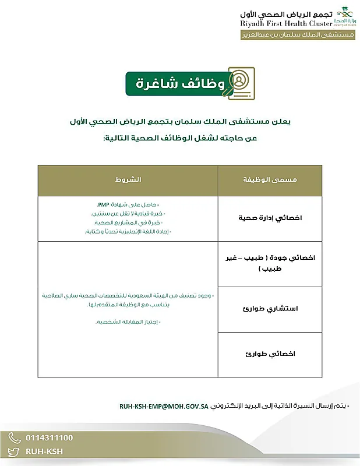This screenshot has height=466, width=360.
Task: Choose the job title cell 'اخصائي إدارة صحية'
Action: click(269, 218)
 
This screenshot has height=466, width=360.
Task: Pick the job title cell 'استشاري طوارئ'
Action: click(269, 309)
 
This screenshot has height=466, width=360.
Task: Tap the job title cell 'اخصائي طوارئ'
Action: click(269, 354)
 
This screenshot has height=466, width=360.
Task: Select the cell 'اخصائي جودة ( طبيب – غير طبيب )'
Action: click(269, 263)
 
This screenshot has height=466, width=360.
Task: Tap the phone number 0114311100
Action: click(50, 437)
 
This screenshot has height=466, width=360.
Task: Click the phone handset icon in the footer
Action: click(15, 437)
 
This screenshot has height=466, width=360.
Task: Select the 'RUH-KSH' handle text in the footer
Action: click(44, 451)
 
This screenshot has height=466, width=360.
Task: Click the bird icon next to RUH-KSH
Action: click(15, 451)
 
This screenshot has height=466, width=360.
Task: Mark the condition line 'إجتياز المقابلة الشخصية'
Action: click(126, 322)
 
